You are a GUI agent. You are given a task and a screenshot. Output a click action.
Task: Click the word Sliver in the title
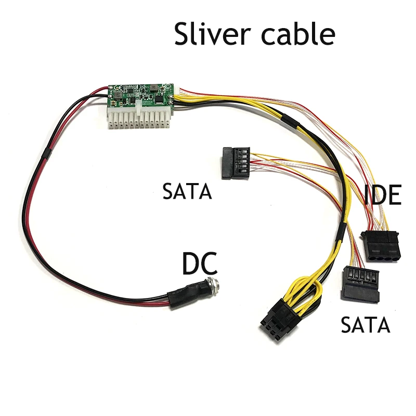[x=212, y=34]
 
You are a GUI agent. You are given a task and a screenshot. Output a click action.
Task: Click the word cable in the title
[x=298, y=34]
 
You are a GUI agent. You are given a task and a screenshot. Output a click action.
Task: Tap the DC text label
[x=200, y=264]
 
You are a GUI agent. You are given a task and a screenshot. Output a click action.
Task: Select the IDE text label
[x=382, y=195]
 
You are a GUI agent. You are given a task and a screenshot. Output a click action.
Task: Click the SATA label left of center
[x=187, y=191]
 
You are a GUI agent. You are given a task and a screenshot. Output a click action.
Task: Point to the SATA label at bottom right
[x=366, y=324]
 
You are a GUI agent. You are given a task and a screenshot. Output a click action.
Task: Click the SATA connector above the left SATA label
[x=236, y=163]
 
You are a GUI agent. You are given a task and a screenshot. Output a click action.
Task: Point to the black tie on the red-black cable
[x=47, y=154]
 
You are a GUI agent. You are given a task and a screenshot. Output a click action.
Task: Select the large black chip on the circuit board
[x=159, y=99]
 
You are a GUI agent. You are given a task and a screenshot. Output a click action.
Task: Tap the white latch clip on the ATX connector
[x=138, y=108]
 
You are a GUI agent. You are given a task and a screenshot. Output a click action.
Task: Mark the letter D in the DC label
[x=191, y=264]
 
